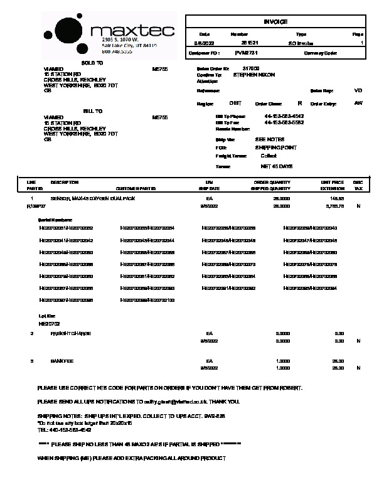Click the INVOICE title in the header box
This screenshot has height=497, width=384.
click(x=275, y=21)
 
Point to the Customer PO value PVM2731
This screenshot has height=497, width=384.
click(x=246, y=53)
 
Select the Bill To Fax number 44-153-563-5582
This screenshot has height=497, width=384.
click(x=284, y=122)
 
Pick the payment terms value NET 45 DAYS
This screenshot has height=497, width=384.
click(x=277, y=166)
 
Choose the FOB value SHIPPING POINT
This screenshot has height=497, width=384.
click(x=276, y=147)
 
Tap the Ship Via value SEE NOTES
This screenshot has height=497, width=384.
click(x=269, y=139)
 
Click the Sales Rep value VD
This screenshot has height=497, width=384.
click(x=358, y=91)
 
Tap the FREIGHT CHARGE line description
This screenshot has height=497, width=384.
click(x=71, y=333)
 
